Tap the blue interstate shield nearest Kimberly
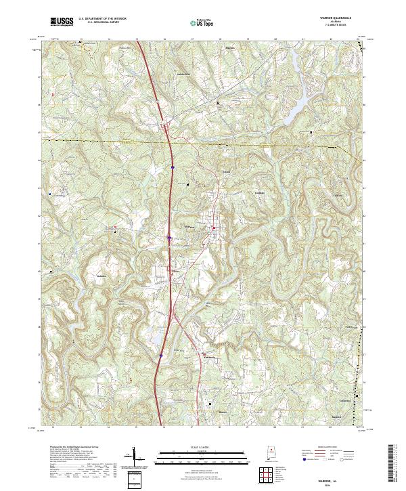[x=161, y=354]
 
